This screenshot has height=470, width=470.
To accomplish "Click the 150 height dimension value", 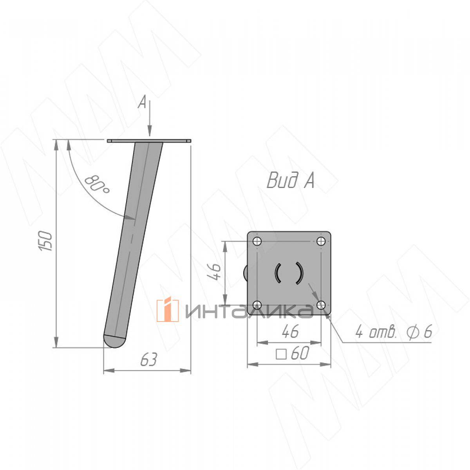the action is click(x=45, y=241).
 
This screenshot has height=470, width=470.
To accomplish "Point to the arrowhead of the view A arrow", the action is click(x=150, y=132).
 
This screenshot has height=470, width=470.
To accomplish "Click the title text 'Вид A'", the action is click(x=290, y=181).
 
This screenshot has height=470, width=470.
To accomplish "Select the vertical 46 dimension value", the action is click(x=214, y=272).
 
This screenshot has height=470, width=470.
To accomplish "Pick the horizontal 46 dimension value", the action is click(x=290, y=331).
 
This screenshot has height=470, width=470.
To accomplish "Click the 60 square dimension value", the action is click(x=300, y=352).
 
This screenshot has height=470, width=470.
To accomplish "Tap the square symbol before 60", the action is click(x=281, y=354).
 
